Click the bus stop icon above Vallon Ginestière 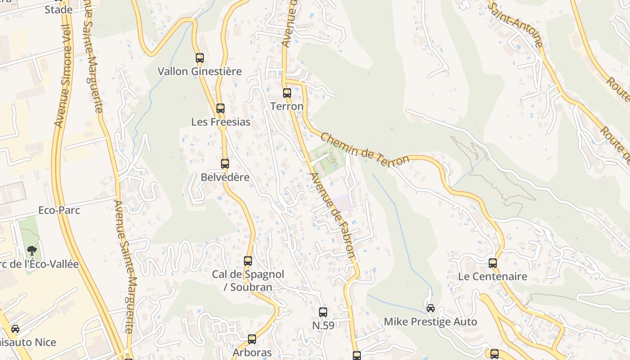[200, 58]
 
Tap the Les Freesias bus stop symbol [220, 108]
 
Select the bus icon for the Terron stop [287, 93]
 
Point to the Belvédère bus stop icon [225, 164]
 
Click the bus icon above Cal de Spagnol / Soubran [248, 261]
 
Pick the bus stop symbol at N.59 [323, 312]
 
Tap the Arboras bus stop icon [252, 339]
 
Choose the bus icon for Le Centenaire [493, 263]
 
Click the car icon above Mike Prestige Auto [431, 308]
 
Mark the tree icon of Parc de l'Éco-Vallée [31, 251]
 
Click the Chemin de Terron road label [365, 150]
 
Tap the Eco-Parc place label [59, 210]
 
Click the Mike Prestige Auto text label [430, 322]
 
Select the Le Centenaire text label [492, 276]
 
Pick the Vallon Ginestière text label [199, 71]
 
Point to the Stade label [58, 9]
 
